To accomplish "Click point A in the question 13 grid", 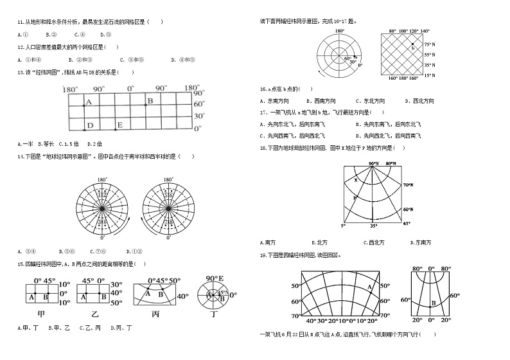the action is coord(89,102).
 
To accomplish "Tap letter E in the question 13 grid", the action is coord(119,125).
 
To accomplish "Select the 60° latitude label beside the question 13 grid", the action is coord(198,104).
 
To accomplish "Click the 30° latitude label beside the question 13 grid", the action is coord(198,116).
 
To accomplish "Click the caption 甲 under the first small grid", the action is coord(41,314).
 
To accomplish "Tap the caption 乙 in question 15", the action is coord(94,314).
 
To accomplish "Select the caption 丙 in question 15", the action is coord(155,314).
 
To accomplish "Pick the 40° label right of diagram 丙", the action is coord(182,296).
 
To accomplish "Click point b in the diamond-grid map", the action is coord(412,47).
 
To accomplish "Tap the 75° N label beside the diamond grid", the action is coord(430,44).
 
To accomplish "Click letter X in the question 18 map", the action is coord(355,180).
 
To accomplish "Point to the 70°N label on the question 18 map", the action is coord(408,185).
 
